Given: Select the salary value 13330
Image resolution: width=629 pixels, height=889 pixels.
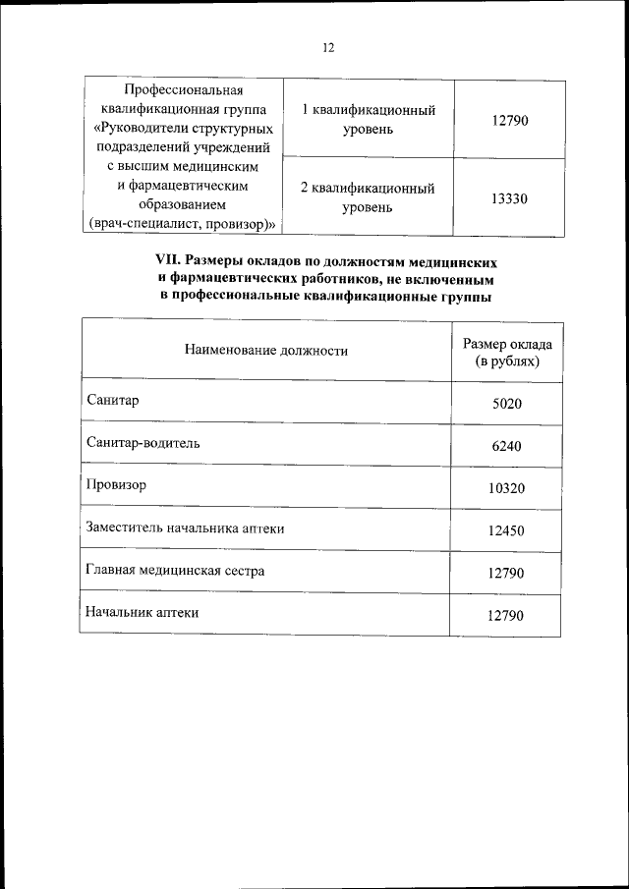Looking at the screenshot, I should click(x=508, y=197).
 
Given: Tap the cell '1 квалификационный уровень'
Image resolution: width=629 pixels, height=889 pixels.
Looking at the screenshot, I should click(x=368, y=119).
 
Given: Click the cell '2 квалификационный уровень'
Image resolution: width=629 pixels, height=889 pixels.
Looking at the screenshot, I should click(x=368, y=197).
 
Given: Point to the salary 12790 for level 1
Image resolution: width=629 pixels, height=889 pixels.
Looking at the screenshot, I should click(x=508, y=120).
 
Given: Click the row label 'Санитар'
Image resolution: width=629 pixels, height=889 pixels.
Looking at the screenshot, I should click(x=114, y=400).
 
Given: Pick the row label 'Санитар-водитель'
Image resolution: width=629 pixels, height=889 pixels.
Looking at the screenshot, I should click(x=143, y=442).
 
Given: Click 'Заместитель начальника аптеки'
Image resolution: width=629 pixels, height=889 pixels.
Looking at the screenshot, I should click(x=186, y=528).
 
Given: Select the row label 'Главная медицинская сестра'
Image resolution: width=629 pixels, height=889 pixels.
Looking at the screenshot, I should click(x=175, y=570).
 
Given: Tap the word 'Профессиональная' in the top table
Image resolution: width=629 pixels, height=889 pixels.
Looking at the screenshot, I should click(x=183, y=91).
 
